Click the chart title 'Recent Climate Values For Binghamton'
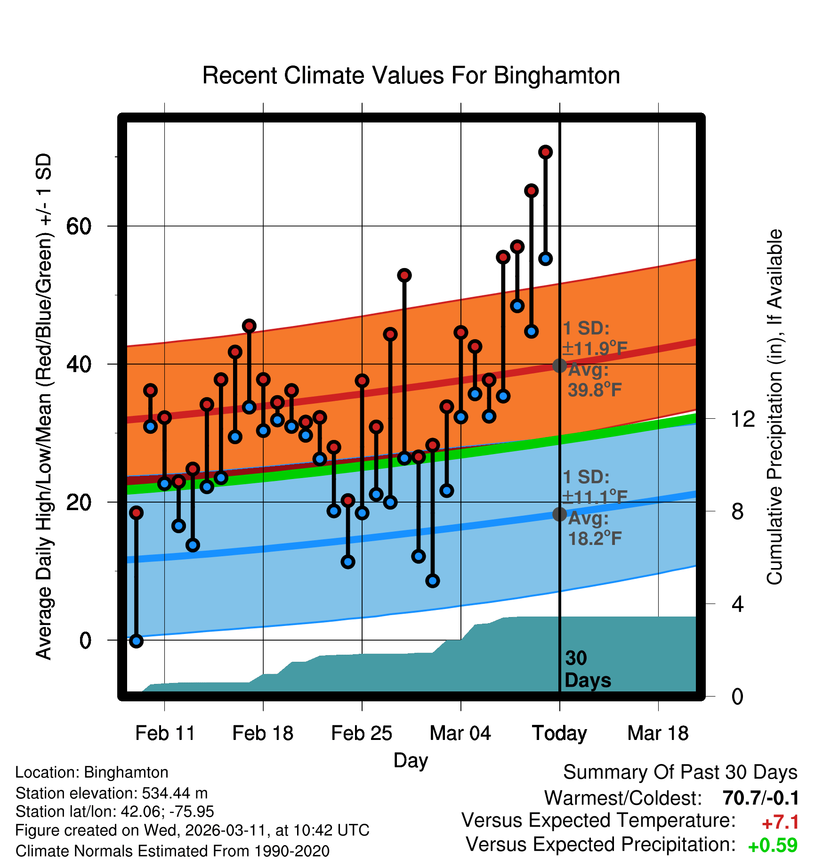point(411,75)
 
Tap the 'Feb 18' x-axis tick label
point(263,733)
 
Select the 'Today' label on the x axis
point(559,733)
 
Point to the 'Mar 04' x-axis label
point(460,733)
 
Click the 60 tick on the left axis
point(79,227)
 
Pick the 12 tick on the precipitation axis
point(742,419)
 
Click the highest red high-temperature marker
point(545,152)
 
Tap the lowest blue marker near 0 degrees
point(136,641)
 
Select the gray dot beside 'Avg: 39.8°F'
point(559,366)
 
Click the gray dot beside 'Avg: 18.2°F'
point(559,514)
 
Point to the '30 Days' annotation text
point(587,669)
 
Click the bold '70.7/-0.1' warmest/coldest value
point(760,798)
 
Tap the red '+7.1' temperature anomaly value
point(780,822)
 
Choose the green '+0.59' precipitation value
point(773,845)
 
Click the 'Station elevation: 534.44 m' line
point(112,793)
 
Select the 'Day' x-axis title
point(411,760)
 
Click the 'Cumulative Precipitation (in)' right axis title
point(775,407)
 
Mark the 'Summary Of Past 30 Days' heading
point(680,772)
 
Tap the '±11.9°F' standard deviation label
point(595,349)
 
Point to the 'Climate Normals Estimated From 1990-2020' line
point(172,851)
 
